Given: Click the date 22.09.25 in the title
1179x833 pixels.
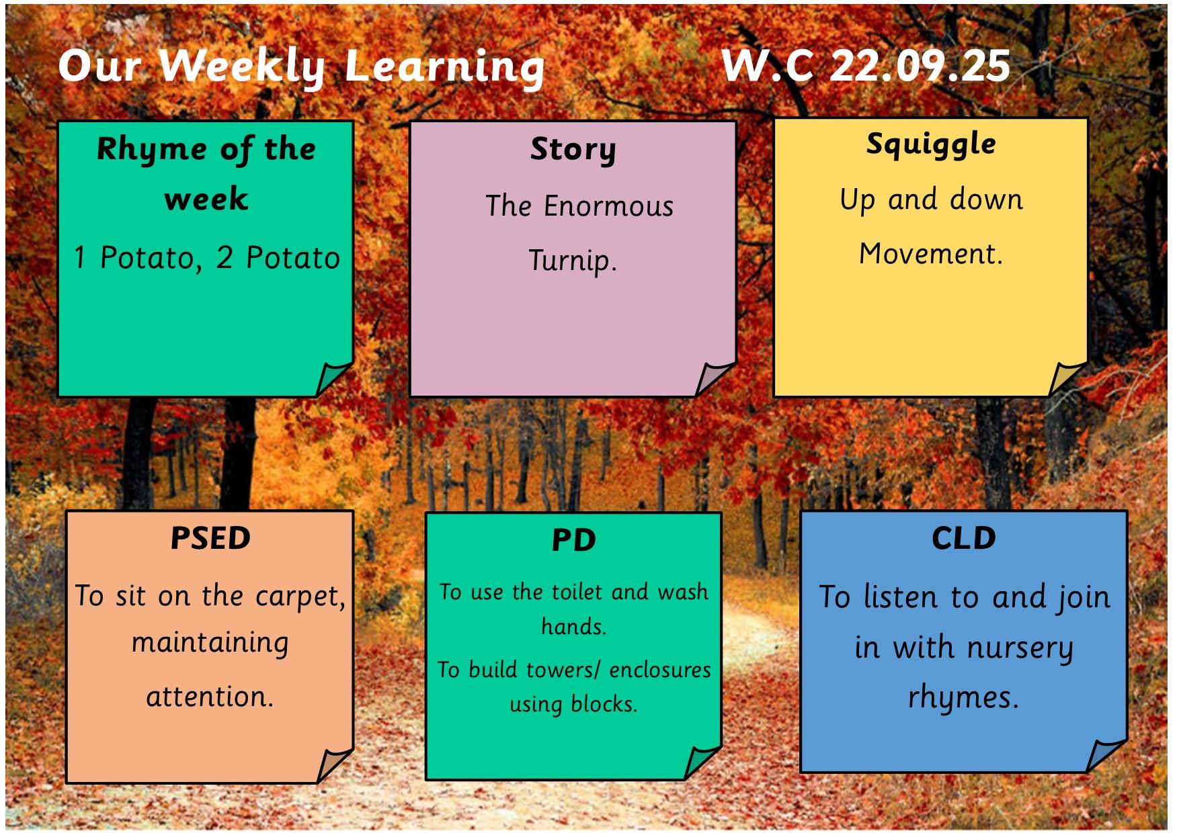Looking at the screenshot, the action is coord(920,66).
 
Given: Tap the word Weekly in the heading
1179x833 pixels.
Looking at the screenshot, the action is coord(242,67).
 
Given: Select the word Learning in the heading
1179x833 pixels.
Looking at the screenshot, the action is coord(444,67).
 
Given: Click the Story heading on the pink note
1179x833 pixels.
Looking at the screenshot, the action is coord(573,149).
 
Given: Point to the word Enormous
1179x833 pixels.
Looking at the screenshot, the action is coord(608,206).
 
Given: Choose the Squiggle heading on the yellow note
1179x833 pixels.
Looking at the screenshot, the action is coord(931,144).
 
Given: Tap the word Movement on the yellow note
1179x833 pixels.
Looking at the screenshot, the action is coord(930,254).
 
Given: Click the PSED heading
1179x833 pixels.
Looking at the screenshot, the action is coord(210,538).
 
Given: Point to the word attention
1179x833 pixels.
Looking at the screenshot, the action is coord(209,697).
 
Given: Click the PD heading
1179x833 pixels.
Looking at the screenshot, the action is coord(573,540).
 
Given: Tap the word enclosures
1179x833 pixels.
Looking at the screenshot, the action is coord(660,670).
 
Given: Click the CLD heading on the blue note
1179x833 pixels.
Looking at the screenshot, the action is coord(963,538).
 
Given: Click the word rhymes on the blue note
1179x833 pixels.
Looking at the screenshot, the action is coord(963,697).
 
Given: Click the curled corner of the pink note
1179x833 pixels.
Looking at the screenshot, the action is coord(712,378).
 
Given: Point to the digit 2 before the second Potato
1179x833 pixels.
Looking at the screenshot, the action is coord(225,258).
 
